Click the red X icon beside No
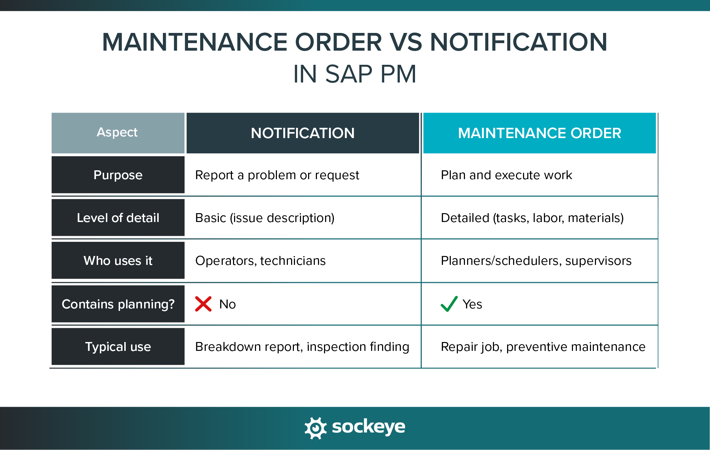203,304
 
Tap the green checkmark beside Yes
449,304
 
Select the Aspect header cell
118,133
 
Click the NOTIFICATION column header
302,133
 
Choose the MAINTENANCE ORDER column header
539,133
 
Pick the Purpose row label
118,175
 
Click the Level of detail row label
118,218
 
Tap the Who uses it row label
118,261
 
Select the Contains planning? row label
118,304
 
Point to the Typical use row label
118,347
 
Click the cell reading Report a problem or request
277,175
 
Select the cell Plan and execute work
506,175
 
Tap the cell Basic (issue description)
265,218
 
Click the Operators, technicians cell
260,261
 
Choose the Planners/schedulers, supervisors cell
536,261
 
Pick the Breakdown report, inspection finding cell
302,347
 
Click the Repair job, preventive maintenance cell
543,347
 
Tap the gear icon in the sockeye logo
315,428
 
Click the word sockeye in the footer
368,427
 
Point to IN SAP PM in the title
354,74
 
